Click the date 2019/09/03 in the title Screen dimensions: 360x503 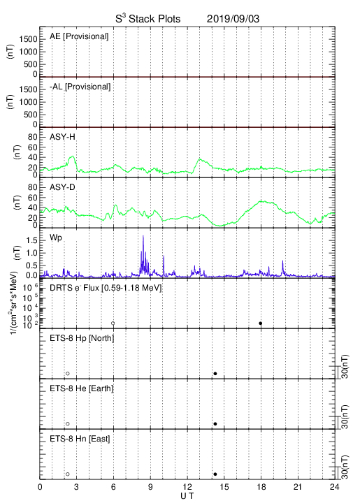233,19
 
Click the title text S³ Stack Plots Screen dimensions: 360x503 148,18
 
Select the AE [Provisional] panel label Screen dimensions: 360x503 79,36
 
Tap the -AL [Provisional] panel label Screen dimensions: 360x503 80,87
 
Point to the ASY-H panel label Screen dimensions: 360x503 62,137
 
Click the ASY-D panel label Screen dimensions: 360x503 62,187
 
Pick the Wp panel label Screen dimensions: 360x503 56,238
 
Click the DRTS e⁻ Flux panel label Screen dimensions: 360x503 106,288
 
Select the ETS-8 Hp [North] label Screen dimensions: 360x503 82,338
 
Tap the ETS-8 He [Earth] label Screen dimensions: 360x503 82,388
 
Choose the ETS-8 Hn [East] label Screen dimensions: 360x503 80,439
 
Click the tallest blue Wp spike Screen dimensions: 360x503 143,236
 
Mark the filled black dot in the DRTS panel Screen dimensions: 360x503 261,323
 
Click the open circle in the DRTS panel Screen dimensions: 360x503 113,323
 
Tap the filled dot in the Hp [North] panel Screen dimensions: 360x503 215,373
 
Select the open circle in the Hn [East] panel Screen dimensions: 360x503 68,474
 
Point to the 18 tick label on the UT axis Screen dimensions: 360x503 261,488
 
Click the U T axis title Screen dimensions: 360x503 187,496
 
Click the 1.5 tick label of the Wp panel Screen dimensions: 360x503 31,240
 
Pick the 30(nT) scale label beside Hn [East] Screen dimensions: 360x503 345,467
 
